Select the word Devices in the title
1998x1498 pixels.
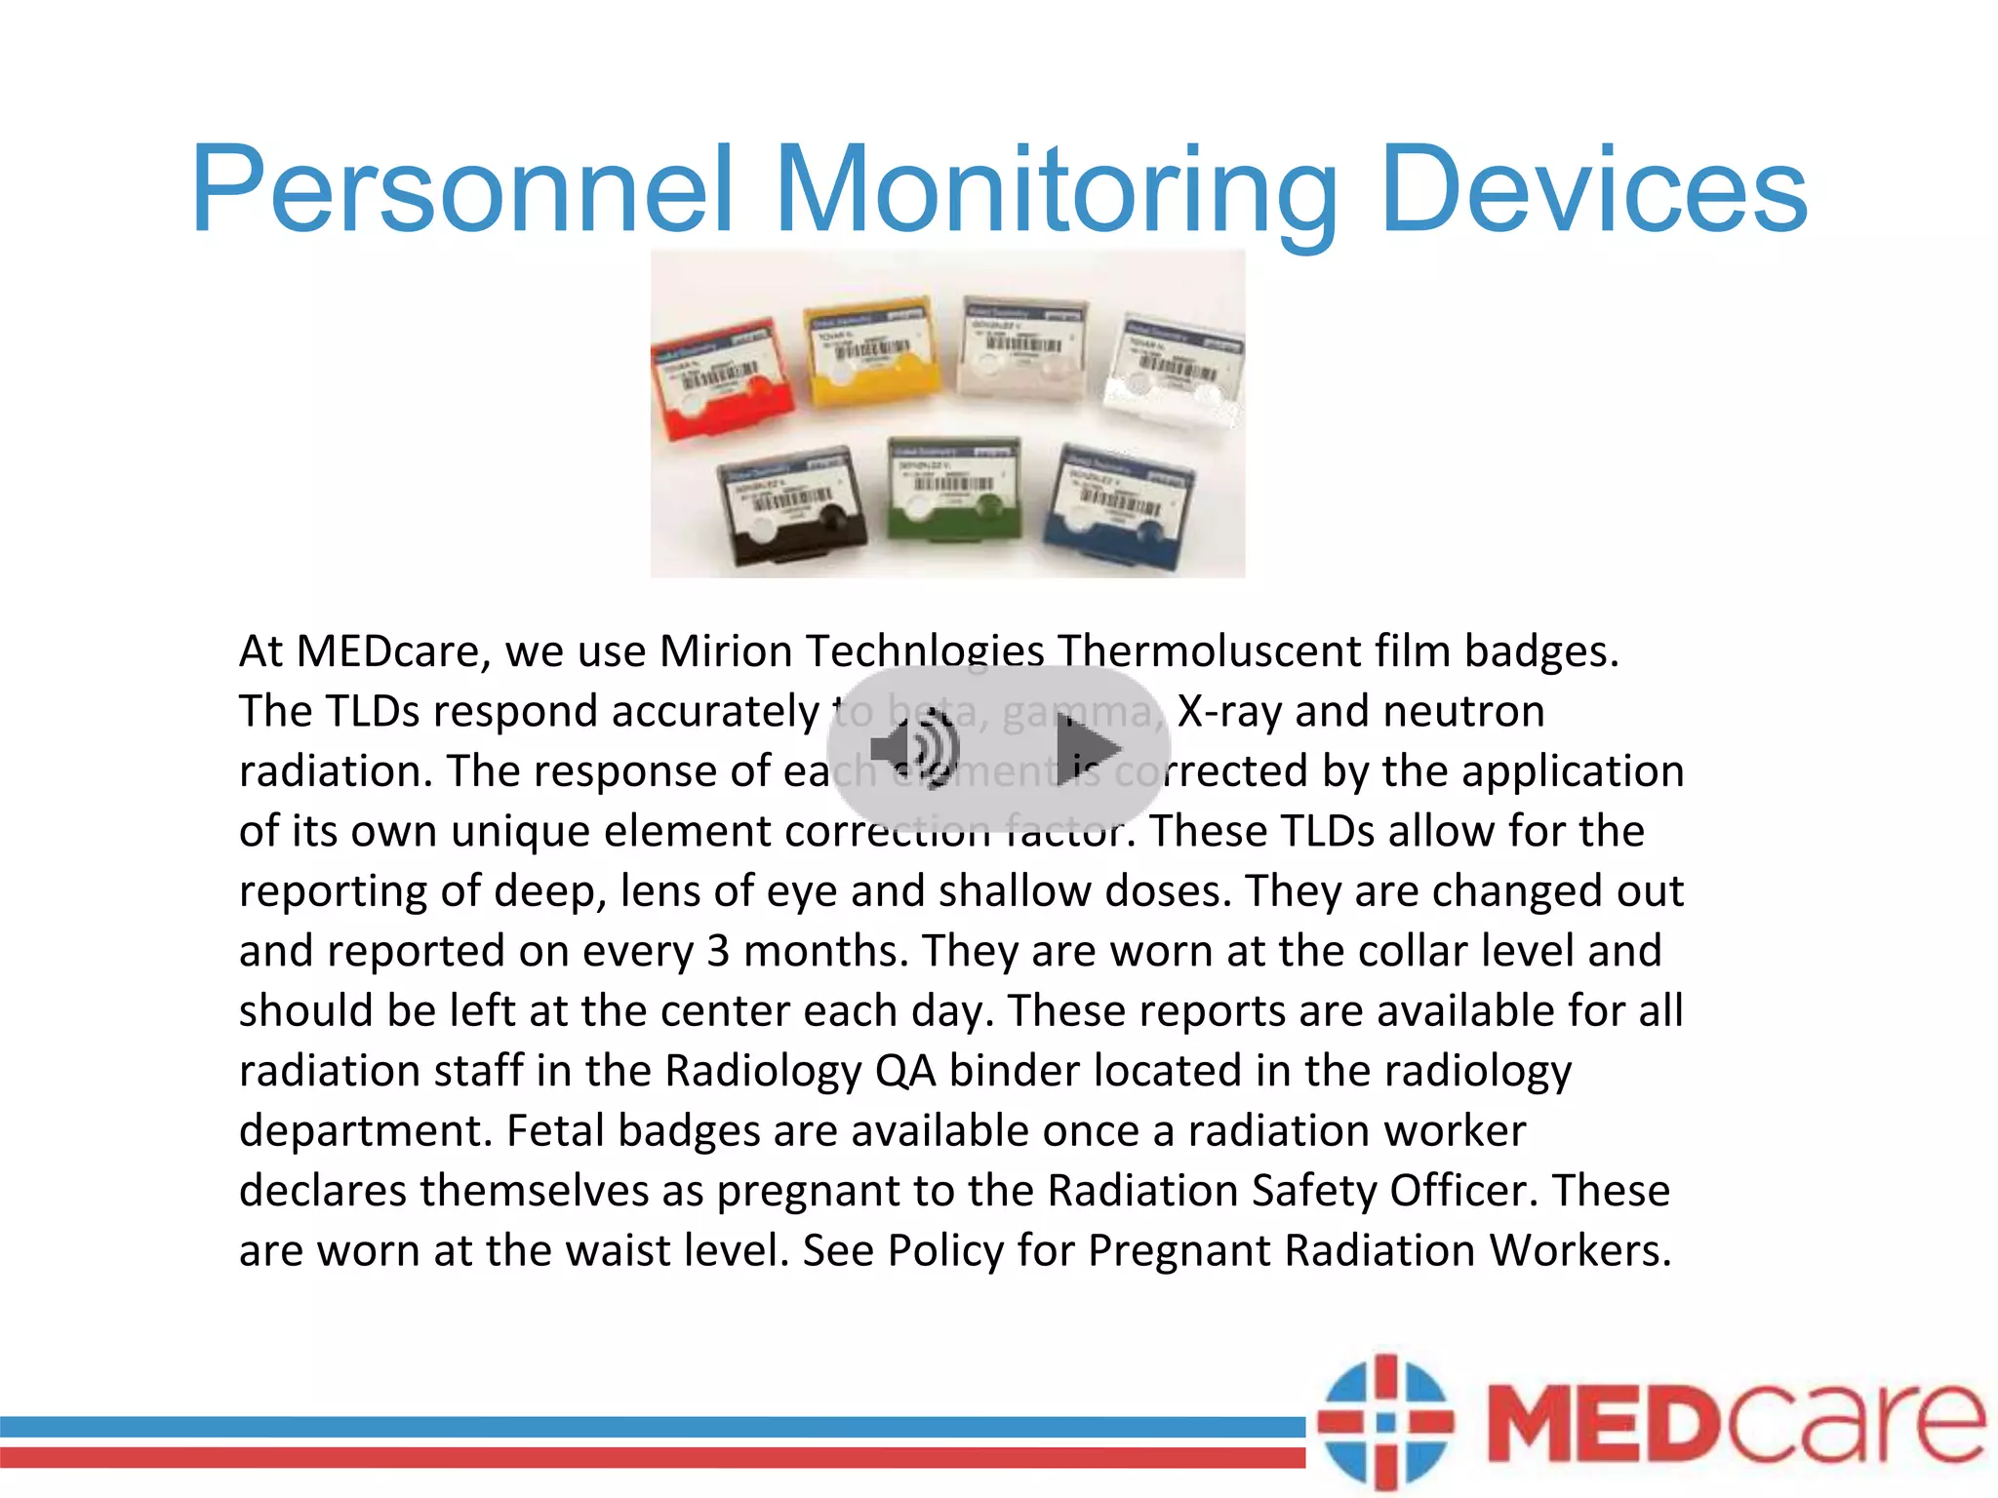click(x=1594, y=189)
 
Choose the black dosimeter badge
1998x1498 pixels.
click(x=790, y=507)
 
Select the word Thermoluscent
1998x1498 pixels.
click(x=1209, y=651)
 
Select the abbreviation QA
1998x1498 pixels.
click(x=904, y=1071)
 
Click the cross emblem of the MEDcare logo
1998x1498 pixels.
click(x=1384, y=1421)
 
